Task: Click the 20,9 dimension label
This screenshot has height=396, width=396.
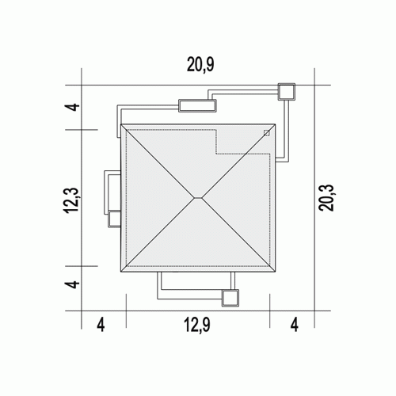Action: (200, 65)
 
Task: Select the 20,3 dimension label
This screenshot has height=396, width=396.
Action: (326, 198)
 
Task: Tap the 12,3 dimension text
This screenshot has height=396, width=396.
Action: (71, 200)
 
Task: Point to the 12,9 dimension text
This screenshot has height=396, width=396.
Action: (197, 325)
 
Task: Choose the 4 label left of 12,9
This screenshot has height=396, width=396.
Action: (101, 325)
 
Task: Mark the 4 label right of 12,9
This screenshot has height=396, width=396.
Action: (295, 325)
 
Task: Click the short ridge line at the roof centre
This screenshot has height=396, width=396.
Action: (198, 197)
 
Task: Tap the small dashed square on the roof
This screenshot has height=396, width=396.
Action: (267, 133)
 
